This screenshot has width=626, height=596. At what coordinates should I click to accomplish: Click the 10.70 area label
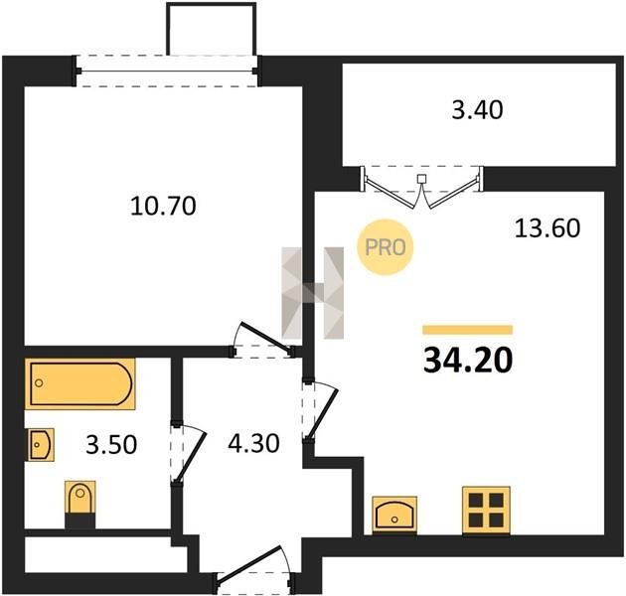point(163,207)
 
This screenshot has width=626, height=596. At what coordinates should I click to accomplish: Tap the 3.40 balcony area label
point(477,110)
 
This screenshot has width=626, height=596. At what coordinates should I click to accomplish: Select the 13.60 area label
point(548,228)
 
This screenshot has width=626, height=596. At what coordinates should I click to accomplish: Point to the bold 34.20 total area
point(468,361)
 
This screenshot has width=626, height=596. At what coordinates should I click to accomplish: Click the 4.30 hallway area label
point(253,443)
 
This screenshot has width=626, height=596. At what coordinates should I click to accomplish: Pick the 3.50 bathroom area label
point(111,445)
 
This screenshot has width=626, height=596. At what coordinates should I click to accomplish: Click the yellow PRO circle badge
point(386,247)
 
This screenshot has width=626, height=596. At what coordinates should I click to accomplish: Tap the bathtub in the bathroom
point(80,384)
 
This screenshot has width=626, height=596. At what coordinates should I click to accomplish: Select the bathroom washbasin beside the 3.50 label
point(41,445)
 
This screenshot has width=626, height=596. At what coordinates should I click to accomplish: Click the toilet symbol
point(80,505)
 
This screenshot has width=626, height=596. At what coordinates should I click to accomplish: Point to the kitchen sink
point(394,515)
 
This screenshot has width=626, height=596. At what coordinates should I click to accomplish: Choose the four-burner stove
point(486,511)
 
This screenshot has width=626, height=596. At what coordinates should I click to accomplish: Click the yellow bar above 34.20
point(468,330)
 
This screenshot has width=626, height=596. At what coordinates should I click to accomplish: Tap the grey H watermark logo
point(313,293)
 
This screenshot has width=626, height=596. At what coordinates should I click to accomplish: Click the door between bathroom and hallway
point(189,453)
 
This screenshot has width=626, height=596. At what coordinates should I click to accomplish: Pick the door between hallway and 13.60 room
point(321,410)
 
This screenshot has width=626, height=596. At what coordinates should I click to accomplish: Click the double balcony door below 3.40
point(422,187)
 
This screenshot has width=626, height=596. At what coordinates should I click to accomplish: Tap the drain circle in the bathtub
point(39,383)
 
